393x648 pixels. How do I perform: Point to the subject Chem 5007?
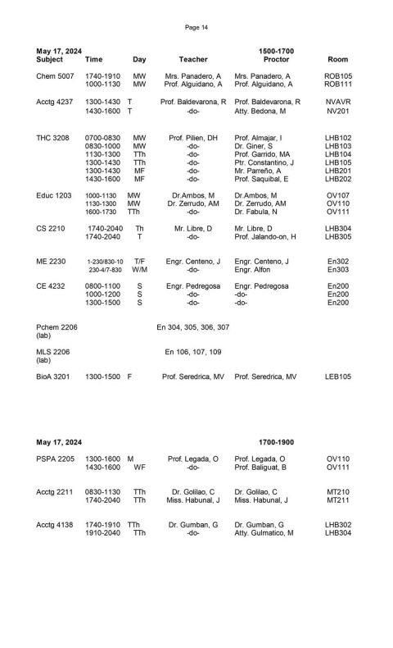(x=54, y=75)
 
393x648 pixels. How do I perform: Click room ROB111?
(x=338, y=84)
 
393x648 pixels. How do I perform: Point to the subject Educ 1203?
(x=54, y=195)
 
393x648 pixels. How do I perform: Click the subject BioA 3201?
(x=55, y=376)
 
